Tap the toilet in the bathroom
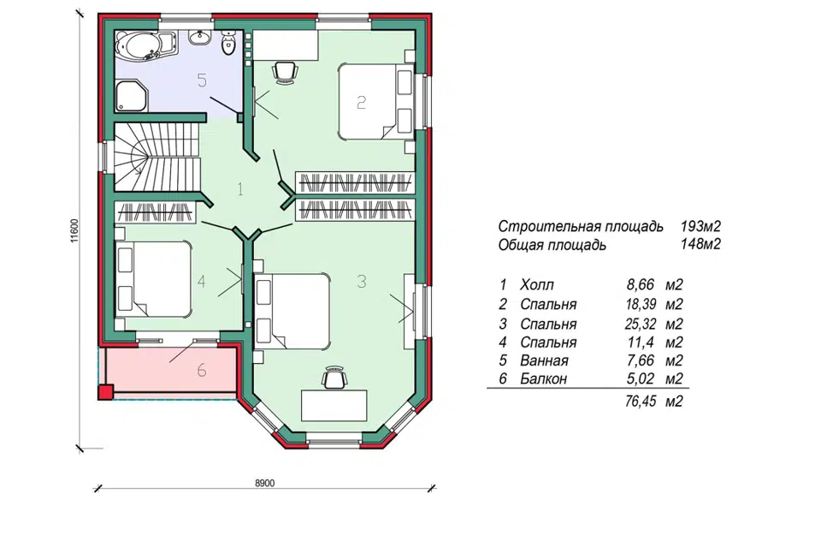point(228,43)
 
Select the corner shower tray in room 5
point(131,96)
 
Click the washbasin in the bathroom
point(199,37)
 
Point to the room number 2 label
point(361,102)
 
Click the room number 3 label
point(361,282)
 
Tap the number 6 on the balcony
point(202,371)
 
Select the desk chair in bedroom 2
point(285,72)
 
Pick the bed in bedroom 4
point(152,278)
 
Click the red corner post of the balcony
point(106,392)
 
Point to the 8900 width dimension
point(265,483)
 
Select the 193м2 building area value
point(700,227)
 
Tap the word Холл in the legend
point(537,285)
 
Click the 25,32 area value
point(640,324)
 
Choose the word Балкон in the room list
point(544,378)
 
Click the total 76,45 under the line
point(640,402)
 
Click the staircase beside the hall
point(157,157)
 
